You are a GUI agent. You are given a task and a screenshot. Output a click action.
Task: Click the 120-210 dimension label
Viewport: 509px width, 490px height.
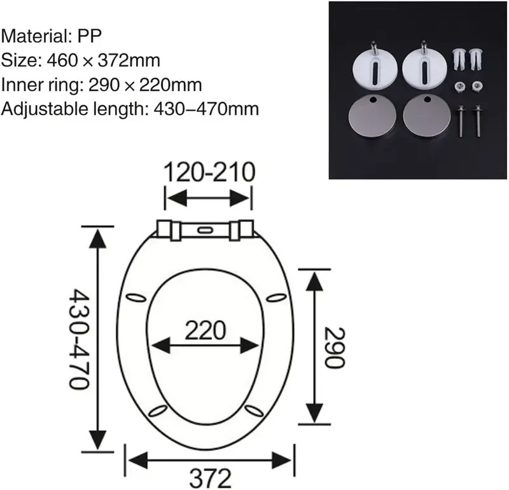click(x=209, y=172)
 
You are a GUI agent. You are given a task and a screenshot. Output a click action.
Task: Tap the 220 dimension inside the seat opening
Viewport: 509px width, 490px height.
click(x=205, y=330)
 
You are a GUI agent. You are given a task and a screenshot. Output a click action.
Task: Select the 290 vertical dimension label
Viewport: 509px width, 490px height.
click(x=335, y=347)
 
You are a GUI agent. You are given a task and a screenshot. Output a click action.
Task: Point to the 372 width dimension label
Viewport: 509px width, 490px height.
click(x=209, y=477)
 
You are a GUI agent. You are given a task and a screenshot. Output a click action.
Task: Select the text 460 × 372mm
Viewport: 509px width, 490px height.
click(x=100, y=60)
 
